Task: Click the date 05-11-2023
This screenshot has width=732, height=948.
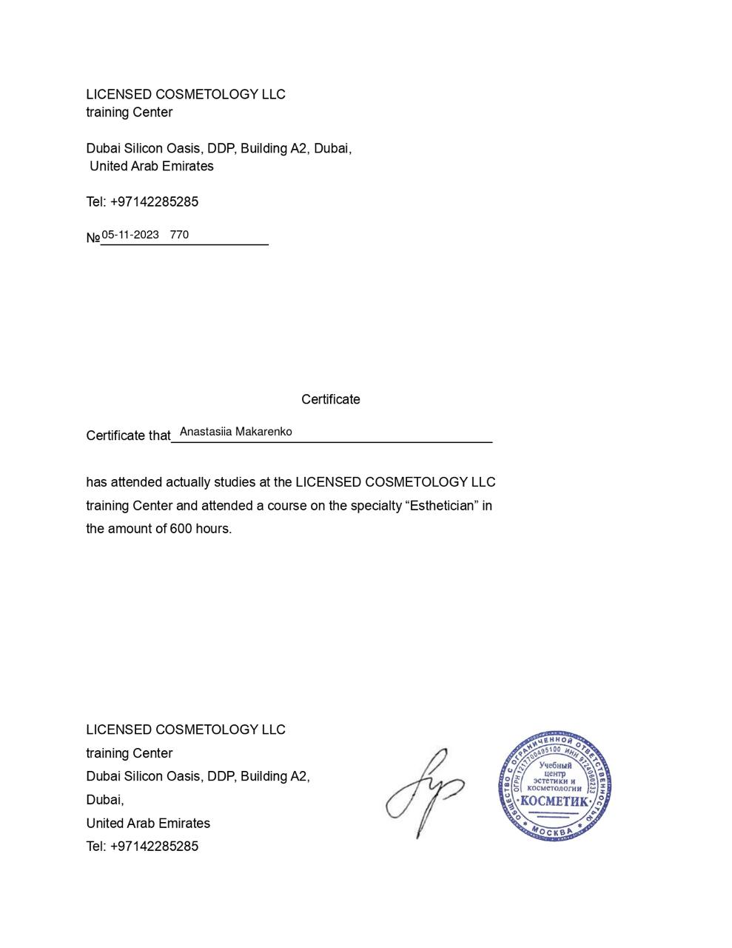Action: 130,235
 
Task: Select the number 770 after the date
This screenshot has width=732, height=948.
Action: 179,235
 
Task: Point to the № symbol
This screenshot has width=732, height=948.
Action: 93,238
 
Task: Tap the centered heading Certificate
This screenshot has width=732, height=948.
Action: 330,399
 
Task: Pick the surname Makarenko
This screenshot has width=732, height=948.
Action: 263,432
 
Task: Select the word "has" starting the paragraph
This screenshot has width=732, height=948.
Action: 96,482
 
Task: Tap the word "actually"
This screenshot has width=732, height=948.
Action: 188,482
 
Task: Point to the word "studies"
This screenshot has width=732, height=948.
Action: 235,482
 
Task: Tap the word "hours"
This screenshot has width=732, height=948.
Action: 213,529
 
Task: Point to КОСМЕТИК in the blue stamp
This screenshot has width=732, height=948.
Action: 554,801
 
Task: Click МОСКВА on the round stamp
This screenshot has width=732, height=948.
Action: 552,832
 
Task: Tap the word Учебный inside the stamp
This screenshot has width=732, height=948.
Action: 555,765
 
